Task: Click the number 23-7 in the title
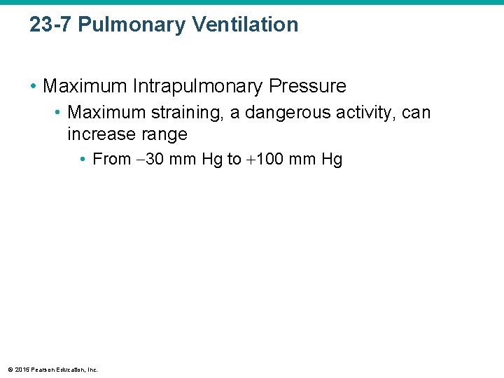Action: point(50,24)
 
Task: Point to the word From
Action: point(112,160)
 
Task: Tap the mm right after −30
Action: point(183,160)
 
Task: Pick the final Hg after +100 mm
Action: point(332,160)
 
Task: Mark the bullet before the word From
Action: point(83,160)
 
